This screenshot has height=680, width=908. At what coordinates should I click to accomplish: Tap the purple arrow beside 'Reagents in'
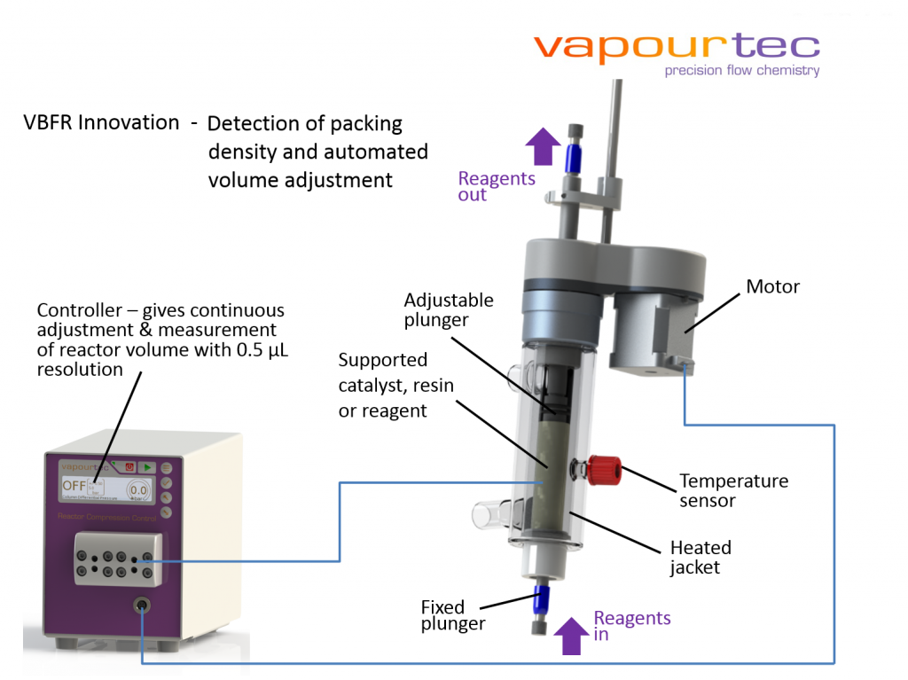click(571, 636)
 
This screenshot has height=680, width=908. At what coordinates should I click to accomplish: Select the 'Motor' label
click(772, 286)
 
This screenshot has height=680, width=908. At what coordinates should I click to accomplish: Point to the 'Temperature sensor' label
click(733, 490)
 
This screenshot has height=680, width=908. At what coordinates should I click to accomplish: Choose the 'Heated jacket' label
click(701, 557)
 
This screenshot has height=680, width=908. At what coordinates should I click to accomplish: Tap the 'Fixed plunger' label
click(452, 615)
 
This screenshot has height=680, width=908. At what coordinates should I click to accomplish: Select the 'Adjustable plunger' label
click(449, 309)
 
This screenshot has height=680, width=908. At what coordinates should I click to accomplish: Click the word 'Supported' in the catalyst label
click(383, 360)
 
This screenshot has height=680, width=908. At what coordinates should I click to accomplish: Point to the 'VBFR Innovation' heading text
click(101, 122)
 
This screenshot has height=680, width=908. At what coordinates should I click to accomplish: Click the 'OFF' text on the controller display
click(74, 486)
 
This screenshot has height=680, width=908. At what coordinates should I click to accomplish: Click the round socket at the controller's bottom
click(141, 606)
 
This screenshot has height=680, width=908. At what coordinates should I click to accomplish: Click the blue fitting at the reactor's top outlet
click(573, 156)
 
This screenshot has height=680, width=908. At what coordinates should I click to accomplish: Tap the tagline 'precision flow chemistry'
click(742, 71)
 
